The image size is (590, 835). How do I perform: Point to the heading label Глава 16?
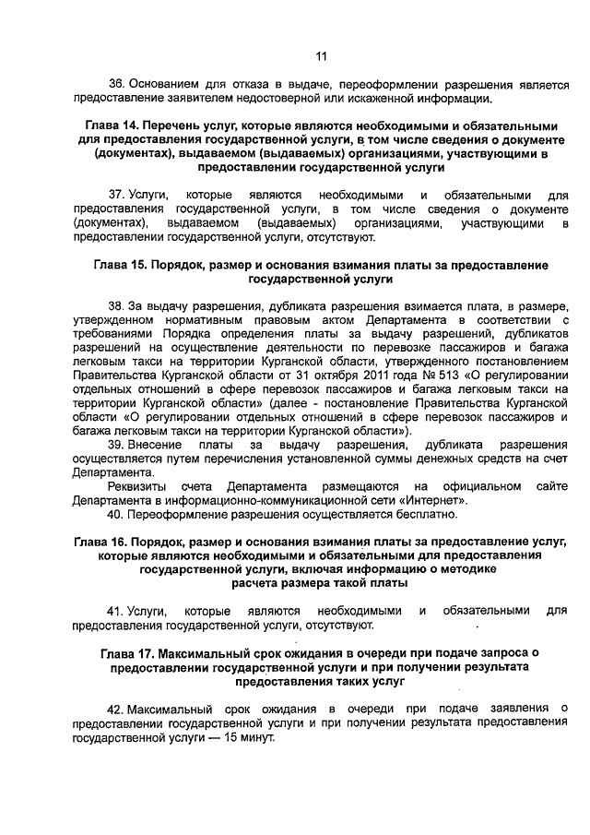point(99,538)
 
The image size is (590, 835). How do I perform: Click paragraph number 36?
point(115,83)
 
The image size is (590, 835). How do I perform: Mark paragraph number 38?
point(115,305)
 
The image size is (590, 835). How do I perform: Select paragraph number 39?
point(115,445)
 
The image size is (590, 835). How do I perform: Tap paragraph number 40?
point(115,513)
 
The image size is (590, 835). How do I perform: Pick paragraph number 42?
point(115,708)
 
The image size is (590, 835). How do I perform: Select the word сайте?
point(551,486)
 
